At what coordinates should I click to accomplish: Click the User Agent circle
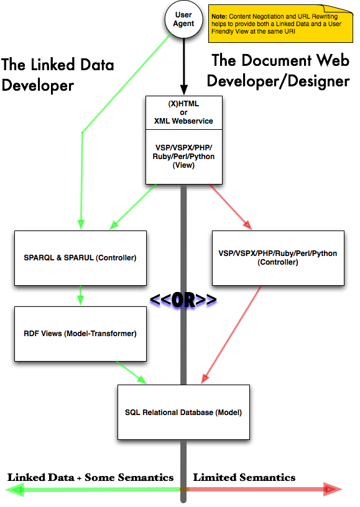coord(183,19)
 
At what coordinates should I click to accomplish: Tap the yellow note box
coord(280,24)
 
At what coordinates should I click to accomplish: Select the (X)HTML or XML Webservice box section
coord(183,112)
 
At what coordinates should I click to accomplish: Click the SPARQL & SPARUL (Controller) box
coord(80,258)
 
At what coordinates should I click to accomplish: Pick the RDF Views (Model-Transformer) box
coord(80,334)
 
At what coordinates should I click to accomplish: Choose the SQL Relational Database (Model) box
coord(183,413)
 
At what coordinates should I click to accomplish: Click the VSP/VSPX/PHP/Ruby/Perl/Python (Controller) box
coord(278,258)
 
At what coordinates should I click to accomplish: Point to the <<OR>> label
coord(183,300)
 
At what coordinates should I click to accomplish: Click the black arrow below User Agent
coord(183,66)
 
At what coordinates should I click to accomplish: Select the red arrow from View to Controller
coord(230,207)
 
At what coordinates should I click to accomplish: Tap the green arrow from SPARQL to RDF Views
coord(80,295)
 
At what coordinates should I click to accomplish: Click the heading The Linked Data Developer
coord(58,75)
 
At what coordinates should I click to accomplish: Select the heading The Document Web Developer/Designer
coord(278,70)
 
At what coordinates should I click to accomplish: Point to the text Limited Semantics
coord(244,477)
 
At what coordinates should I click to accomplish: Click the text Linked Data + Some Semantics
coord(91,477)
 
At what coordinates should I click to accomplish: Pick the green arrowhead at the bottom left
coord(15,490)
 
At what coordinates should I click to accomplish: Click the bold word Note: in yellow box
coord(219,17)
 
